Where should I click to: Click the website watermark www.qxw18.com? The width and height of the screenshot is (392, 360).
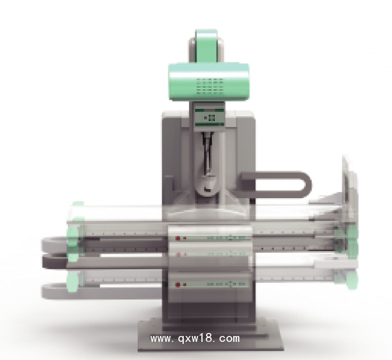(x=195, y=338)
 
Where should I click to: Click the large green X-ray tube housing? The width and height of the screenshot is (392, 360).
(x=209, y=82)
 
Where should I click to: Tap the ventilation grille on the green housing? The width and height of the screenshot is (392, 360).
(x=210, y=86)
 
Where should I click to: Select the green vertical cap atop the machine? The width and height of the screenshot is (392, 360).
(x=206, y=46)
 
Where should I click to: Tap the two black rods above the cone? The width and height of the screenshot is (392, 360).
(x=207, y=153)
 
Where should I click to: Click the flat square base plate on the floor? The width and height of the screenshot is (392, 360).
(x=211, y=335)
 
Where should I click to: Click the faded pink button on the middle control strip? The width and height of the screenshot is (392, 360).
(x=178, y=255)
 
